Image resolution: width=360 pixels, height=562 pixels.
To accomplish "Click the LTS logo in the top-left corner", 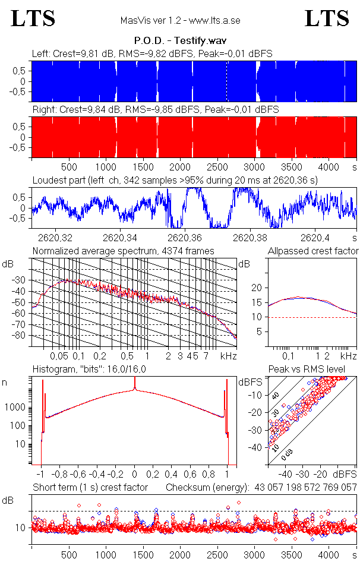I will [33, 18].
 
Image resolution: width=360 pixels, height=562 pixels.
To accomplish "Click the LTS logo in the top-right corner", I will [327, 18].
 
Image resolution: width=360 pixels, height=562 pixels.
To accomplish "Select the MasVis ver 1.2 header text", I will [180, 21].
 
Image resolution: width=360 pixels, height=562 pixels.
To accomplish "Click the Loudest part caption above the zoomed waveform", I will [178, 179].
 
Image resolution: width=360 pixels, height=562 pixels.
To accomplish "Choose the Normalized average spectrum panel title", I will [124, 251].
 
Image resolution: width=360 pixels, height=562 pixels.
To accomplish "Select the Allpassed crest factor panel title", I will [313, 251].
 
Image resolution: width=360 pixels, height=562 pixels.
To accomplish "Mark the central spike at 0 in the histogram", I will [135, 390].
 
